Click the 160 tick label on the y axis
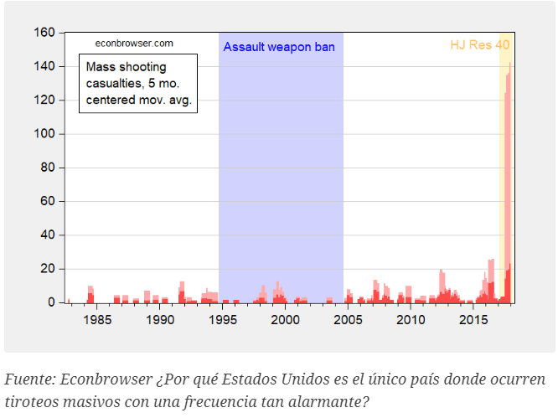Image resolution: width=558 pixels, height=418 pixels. (x=45, y=33)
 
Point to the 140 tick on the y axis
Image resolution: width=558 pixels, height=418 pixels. (x=45, y=66)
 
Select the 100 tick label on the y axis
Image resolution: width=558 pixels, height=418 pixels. (x=45, y=134)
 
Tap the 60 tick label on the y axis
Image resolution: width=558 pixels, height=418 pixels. (x=48, y=201)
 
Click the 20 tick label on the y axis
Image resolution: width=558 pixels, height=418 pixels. (x=48, y=269)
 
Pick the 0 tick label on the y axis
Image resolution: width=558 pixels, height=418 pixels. (x=51, y=302)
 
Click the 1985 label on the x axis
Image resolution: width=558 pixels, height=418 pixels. (x=98, y=320)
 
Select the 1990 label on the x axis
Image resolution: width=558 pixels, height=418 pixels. (x=161, y=320)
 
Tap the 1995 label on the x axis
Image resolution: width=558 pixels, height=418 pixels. (x=223, y=320)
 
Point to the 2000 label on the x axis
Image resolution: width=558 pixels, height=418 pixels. (x=286, y=320)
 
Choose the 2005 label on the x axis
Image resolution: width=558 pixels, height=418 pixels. (x=348, y=320)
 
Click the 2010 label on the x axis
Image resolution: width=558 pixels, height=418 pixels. (x=410, y=320)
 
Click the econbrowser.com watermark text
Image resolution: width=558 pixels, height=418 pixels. (x=134, y=43)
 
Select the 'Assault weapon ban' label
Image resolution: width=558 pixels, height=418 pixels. (x=279, y=48)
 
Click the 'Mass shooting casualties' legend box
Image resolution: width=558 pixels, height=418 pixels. (x=138, y=83)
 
